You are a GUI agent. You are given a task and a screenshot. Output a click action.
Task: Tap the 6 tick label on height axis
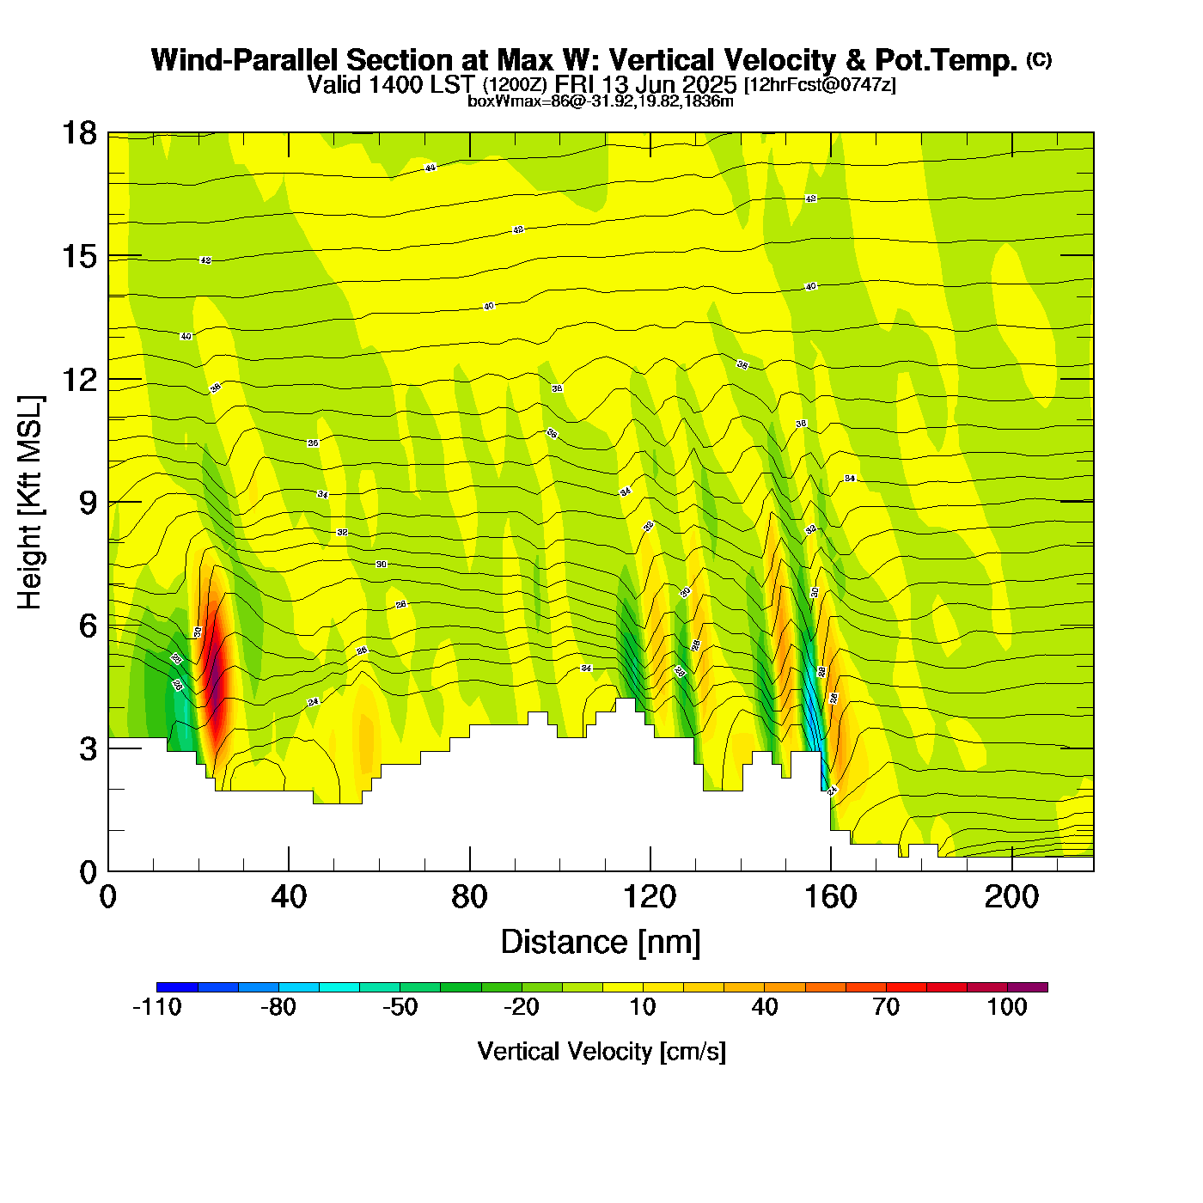[88, 626]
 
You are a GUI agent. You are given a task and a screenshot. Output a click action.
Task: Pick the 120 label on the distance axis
[650, 897]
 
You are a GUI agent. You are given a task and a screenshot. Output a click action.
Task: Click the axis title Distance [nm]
[601, 942]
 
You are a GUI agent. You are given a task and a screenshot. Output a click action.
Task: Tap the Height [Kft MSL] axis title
[30, 503]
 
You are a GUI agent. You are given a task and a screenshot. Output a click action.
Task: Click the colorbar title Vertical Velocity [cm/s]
[601, 1051]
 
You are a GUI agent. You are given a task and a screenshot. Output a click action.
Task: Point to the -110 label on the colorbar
[157, 1007]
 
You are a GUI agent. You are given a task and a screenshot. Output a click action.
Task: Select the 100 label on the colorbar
[1007, 1007]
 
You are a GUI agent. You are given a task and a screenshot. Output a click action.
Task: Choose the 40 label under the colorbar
[765, 1007]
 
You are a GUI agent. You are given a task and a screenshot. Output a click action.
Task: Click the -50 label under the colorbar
[400, 1007]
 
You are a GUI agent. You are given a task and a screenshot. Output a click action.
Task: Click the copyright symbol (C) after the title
[1039, 59]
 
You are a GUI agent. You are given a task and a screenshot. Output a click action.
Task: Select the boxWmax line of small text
[601, 101]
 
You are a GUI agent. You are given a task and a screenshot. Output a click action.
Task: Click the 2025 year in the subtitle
[710, 84]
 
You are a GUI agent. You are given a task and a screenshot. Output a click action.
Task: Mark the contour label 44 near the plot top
[431, 168]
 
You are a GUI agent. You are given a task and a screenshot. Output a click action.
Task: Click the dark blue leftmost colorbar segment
[177, 986]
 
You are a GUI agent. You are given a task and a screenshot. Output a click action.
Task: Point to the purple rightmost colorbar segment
[1028, 986]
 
